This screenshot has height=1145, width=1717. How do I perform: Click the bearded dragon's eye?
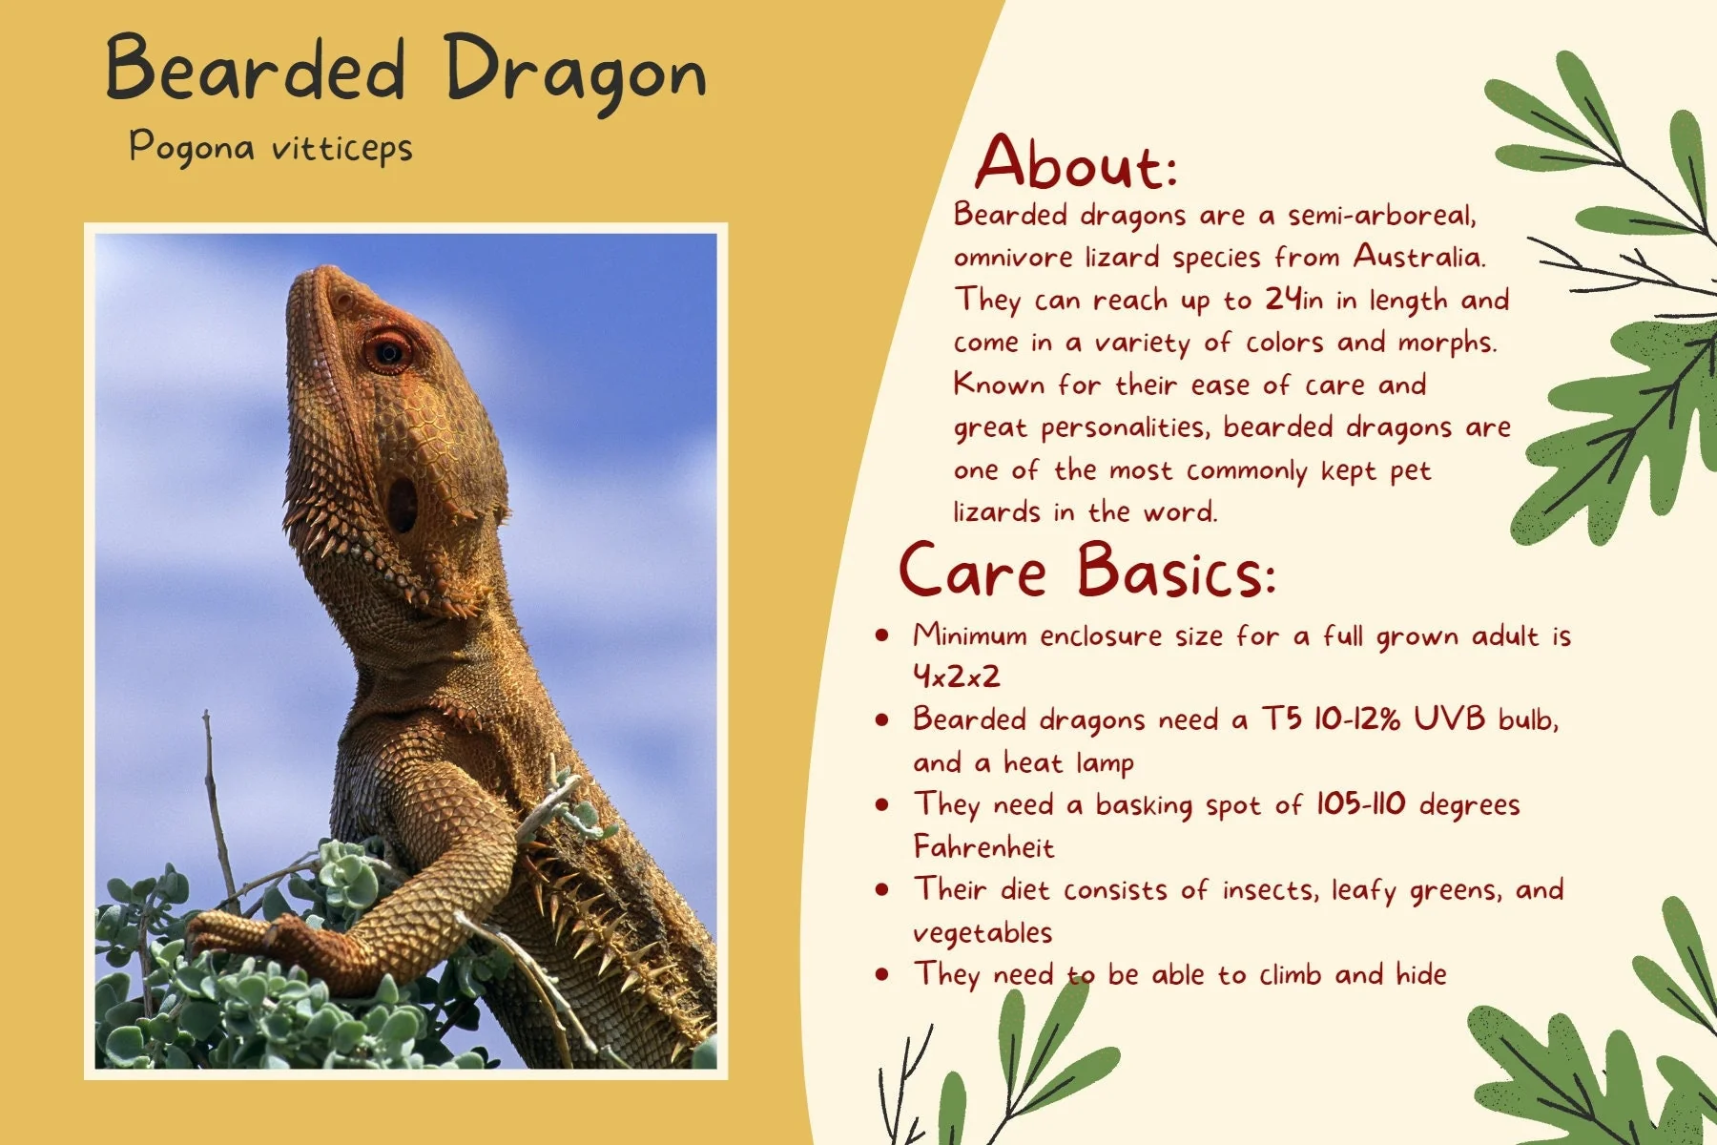coord(387,351)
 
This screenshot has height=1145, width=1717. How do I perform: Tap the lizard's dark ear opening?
coord(402,504)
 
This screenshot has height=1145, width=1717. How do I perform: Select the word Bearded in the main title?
coord(256,69)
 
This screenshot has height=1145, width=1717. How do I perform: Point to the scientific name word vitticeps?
coord(341,148)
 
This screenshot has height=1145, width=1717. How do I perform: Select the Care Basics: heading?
coord(1086,571)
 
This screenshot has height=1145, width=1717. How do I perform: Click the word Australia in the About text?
coord(1418,257)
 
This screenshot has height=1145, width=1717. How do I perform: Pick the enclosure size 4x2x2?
coord(956,677)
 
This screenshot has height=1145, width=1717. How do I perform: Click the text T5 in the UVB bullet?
coord(1282,718)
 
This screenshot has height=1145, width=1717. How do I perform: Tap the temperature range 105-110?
coord(1360,803)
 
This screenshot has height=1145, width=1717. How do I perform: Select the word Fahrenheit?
coord(983,846)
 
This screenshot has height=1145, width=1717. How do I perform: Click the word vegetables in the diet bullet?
coord(983,932)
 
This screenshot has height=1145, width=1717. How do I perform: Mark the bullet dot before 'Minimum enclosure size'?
coord(882,635)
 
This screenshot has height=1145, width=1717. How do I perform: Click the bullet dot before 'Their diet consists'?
coord(882,889)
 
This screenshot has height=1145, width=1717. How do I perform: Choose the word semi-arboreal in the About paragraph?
coord(1381,215)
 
